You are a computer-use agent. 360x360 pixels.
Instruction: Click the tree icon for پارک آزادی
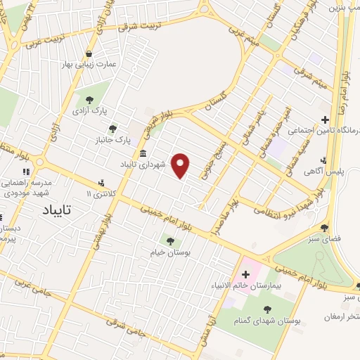pyautogui.click(x=89, y=99)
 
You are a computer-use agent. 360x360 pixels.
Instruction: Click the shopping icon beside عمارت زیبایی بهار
pyautogui.click(x=89, y=53)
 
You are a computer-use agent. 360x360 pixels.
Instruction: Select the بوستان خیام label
pyautogui.click(x=166, y=252)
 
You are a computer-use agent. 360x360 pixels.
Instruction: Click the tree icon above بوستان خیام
pyautogui.click(x=170, y=240)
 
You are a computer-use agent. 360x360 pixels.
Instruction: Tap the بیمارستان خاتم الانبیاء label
pyautogui.click(x=246, y=285)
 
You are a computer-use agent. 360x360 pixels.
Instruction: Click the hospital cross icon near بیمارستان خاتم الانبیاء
pyautogui.click(x=245, y=274)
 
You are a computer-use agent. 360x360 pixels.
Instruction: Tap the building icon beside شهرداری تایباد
pyautogui.click(x=143, y=154)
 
